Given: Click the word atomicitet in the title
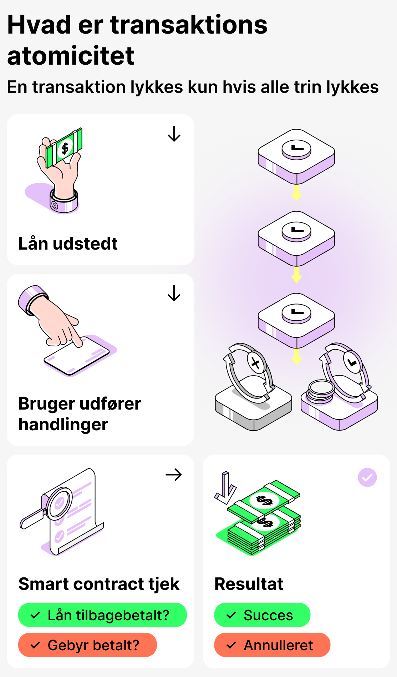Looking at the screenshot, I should [71, 56].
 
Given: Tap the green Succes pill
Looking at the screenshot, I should [262, 615].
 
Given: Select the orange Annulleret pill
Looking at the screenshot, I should [272, 645].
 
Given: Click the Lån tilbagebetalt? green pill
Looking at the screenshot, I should [102, 615].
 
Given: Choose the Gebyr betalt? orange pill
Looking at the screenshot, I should [87, 645].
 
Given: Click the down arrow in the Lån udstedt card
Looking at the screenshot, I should [174, 134].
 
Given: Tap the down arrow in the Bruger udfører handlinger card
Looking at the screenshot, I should [174, 294].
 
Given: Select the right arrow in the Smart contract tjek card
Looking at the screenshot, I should [174, 475].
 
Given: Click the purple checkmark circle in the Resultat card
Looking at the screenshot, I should [367, 477].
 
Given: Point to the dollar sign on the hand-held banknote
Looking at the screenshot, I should [65, 148].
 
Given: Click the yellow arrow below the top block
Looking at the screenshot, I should [296, 192].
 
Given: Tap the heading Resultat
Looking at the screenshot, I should [249, 584].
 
